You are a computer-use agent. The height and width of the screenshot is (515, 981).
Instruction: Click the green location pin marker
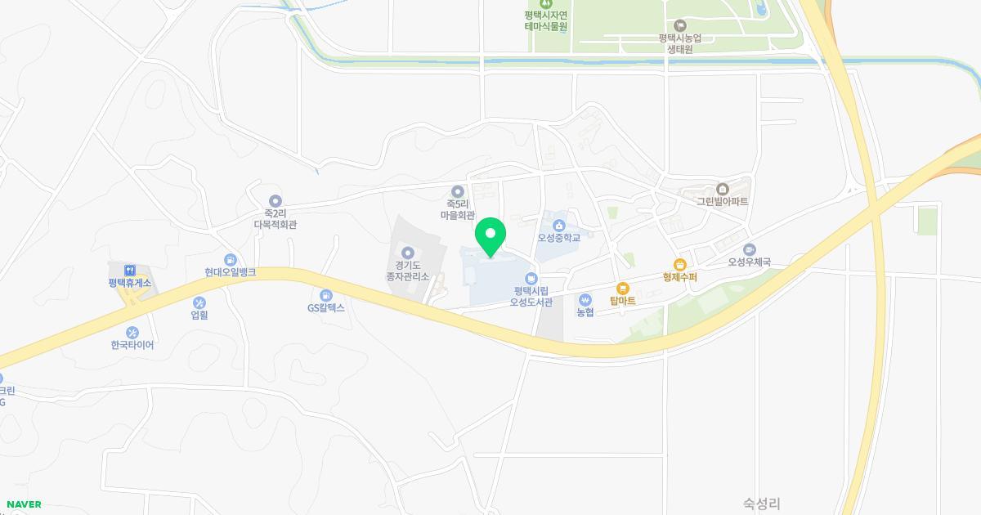point(490,236)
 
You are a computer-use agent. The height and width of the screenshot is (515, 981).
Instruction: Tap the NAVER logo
point(24,504)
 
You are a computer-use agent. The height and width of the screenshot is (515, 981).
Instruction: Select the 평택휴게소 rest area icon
point(129,271)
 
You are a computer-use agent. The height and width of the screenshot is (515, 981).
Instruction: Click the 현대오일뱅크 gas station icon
point(231,260)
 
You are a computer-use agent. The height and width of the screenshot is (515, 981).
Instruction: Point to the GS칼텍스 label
point(326,308)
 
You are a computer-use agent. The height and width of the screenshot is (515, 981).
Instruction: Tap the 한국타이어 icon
point(132,333)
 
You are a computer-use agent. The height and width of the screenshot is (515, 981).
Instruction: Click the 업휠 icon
point(199,303)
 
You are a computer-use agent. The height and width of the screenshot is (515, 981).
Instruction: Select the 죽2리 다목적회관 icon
point(275,200)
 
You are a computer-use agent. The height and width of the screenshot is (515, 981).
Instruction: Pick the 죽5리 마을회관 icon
point(458,191)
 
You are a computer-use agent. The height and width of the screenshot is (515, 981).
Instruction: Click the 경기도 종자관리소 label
point(408,271)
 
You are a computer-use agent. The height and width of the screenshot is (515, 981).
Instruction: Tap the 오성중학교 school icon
point(559,225)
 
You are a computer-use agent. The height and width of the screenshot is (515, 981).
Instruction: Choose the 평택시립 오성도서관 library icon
point(531,279)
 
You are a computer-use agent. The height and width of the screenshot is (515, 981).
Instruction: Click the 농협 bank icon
point(585,299)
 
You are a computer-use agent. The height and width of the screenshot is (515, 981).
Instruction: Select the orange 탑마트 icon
point(623,289)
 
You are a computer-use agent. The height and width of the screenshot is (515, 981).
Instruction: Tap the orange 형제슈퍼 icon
point(679,264)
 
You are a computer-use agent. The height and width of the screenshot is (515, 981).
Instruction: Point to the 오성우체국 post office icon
point(750,249)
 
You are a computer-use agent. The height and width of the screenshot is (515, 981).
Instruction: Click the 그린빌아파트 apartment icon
point(722,189)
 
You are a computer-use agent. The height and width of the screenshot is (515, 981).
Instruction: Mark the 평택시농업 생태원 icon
point(680,25)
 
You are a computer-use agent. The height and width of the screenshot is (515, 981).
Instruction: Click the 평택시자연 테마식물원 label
point(546,20)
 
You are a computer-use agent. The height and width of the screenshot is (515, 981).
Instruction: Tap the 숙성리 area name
point(762,504)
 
